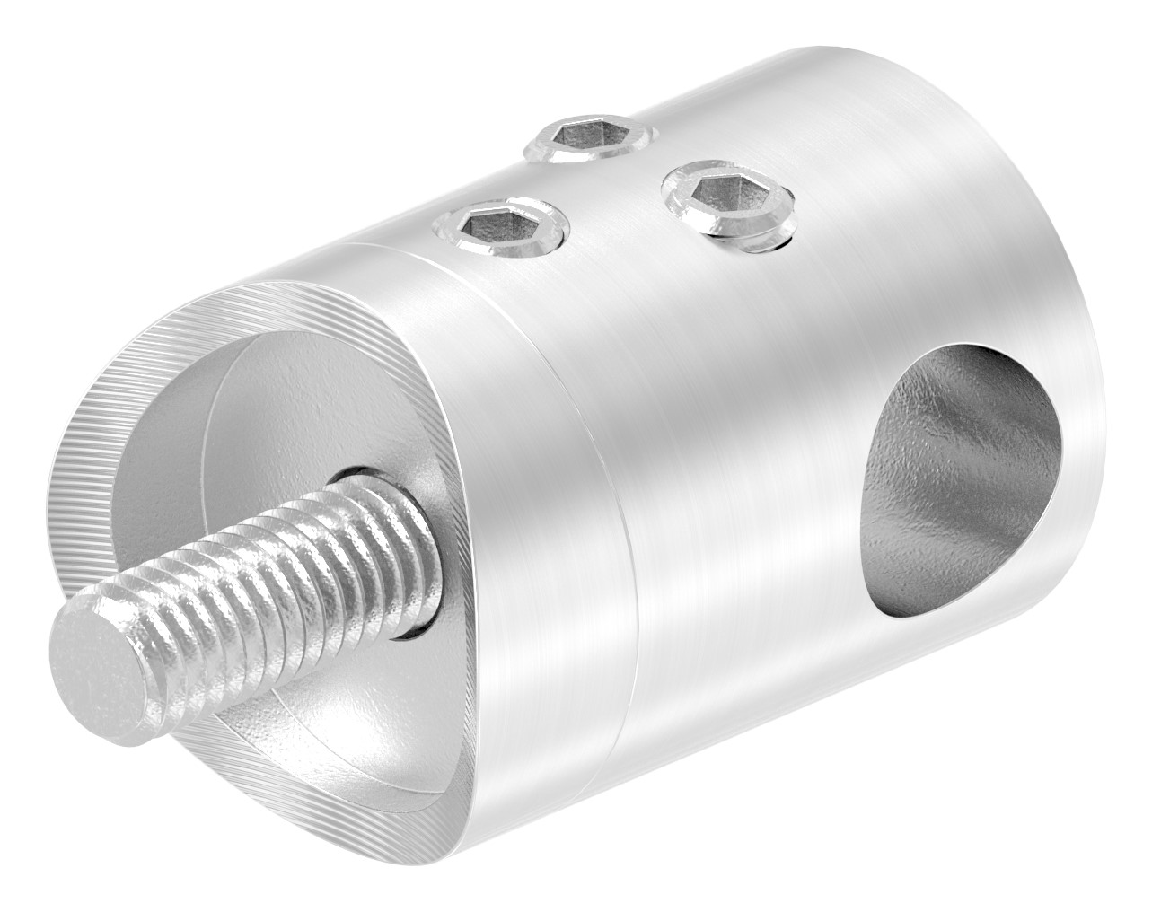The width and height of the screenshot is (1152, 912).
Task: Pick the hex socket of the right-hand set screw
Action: pyautogui.click(x=721, y=194)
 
